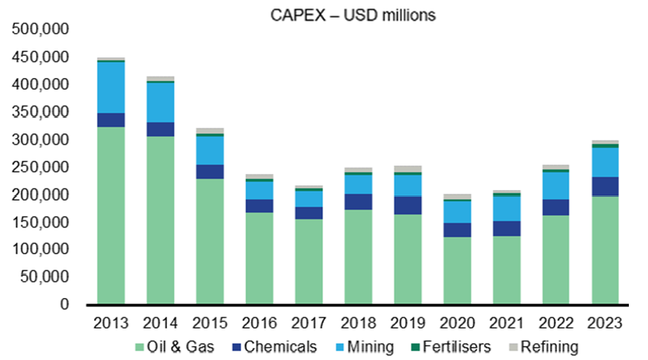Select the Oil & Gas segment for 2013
111,215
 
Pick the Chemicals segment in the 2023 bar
605,186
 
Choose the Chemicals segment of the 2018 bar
358,201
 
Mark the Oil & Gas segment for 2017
309,261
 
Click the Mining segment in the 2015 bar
210,150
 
